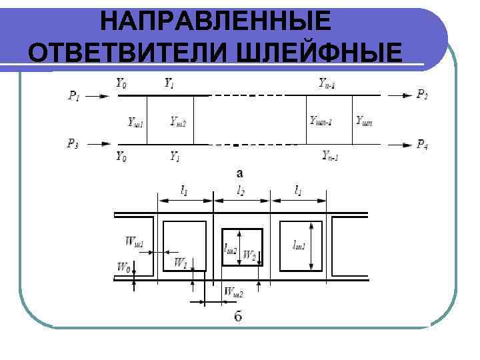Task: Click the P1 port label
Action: tap(74, 97)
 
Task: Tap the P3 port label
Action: tap(73, 143)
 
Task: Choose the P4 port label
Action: tap(423, 144)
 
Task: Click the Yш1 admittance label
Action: tap(136, 121)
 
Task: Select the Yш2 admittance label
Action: tap(177, 121)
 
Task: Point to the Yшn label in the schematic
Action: tap(364, 121)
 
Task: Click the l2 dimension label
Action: tap(241, 190)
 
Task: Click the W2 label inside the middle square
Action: tap(249, 255)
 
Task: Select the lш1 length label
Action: tap(299, 245)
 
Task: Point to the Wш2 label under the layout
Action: tap(233, 291)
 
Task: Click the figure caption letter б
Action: tap(238, 316)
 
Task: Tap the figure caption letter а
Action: tap(239, 173)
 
